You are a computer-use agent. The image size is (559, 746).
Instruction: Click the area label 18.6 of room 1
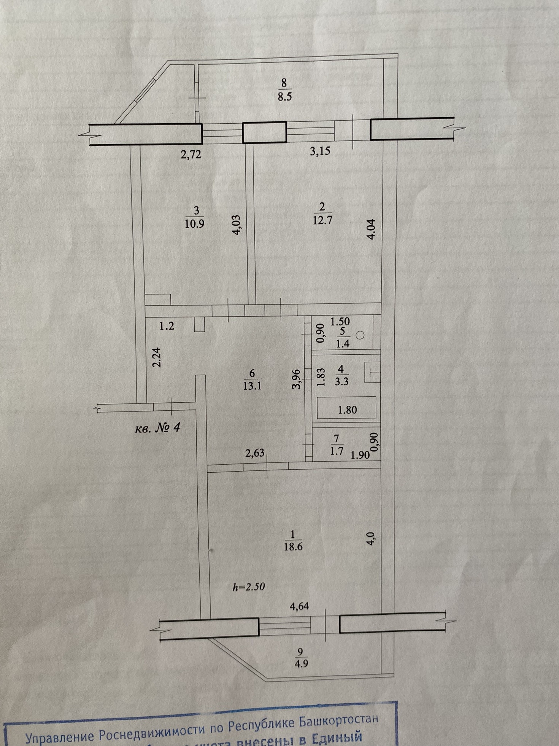point(293,547)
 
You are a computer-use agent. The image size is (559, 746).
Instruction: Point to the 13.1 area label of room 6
point(253,386)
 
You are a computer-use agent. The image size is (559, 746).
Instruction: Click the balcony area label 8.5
point(284,96)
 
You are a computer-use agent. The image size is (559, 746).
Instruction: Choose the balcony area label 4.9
point(301,663)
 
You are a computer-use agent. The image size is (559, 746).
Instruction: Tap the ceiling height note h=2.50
point(249,587)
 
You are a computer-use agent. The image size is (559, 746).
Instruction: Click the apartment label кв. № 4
point(157,428)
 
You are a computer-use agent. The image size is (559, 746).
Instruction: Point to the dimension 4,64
point(300,606)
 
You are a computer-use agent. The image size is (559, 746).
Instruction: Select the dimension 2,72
point(191,155)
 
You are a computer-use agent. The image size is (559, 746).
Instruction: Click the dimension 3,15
point(320,151)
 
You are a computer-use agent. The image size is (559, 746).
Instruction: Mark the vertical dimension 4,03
point(237,225)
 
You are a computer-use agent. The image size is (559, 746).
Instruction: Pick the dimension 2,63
point(255,453)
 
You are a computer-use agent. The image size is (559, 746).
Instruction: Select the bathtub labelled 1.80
point(347,410)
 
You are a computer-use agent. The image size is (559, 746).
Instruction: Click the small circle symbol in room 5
point(360,336)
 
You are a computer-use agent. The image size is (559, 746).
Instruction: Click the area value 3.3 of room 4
point(341,381)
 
